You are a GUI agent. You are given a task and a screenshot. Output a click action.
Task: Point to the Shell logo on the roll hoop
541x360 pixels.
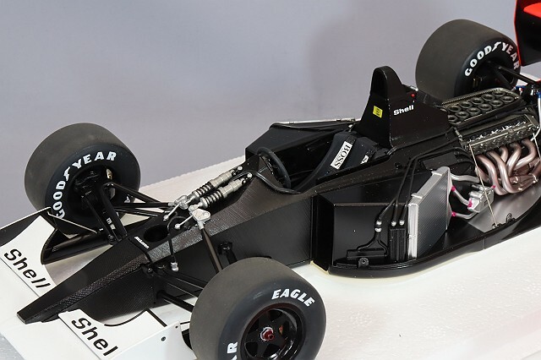tap(403, 110)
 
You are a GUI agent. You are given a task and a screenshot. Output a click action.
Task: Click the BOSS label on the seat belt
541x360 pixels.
tap(341, 154)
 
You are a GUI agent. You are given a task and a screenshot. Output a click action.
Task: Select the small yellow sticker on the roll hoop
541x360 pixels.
tap(377, 111)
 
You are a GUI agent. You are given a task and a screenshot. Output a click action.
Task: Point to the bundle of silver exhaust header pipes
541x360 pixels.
tap(507, 165)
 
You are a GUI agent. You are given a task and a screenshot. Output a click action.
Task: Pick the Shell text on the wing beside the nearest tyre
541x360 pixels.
tap(94, 335)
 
